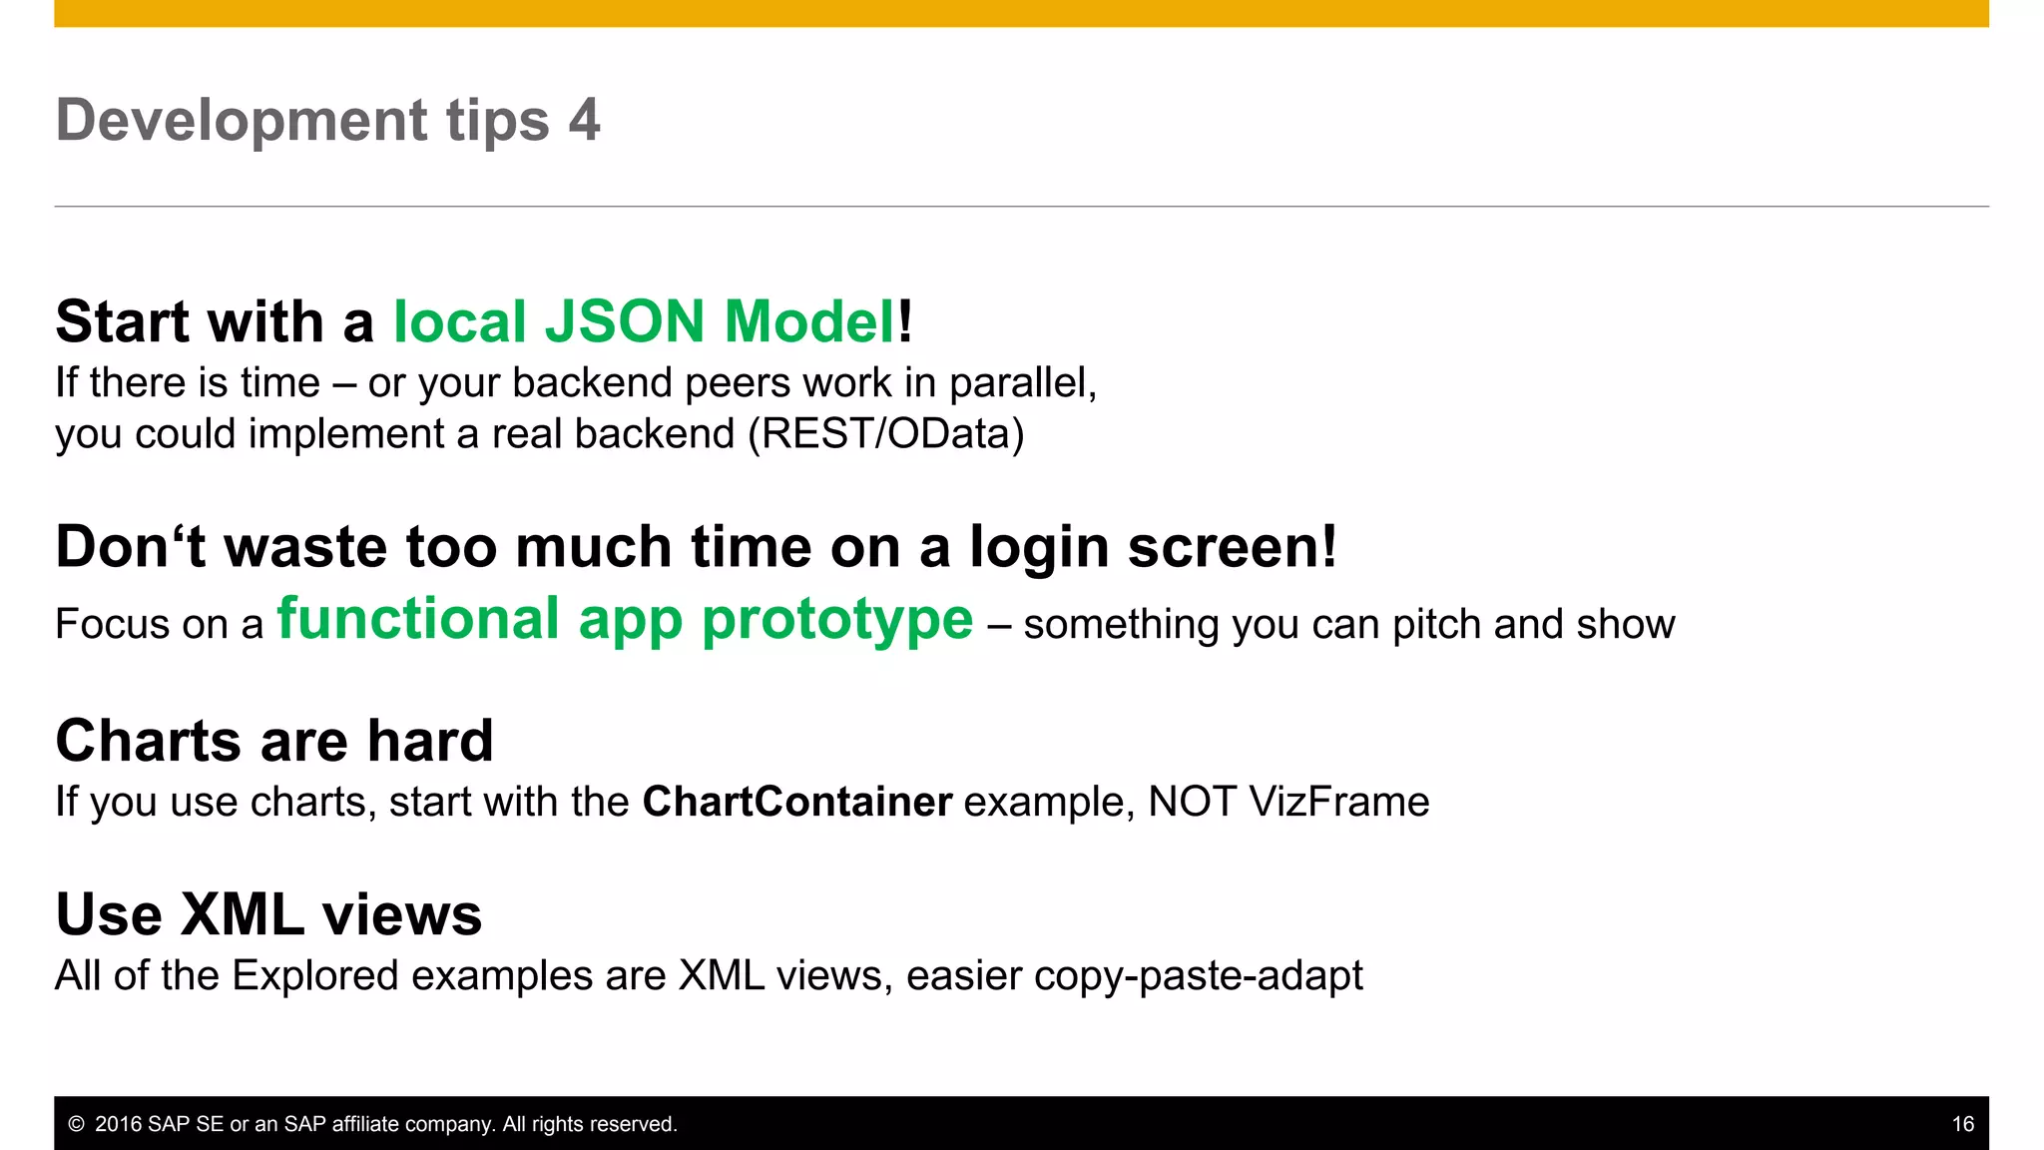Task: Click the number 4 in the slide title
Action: pos(584,121)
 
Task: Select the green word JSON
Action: pos(624,321)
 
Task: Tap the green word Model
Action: pos(809,321)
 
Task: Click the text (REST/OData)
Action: pos(886,434)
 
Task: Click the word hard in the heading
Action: pos(430,741)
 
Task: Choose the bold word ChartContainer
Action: pos(796,803)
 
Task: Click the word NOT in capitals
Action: pos(1192,803)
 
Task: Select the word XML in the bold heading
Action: pos(243,914)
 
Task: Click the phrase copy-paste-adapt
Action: pos(1198,976)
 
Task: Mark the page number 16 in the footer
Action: pos(1962,1125)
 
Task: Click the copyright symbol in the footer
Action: pos(76,1125)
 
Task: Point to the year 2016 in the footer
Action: pos(118,1125)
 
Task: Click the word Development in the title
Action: pos(242,121)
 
